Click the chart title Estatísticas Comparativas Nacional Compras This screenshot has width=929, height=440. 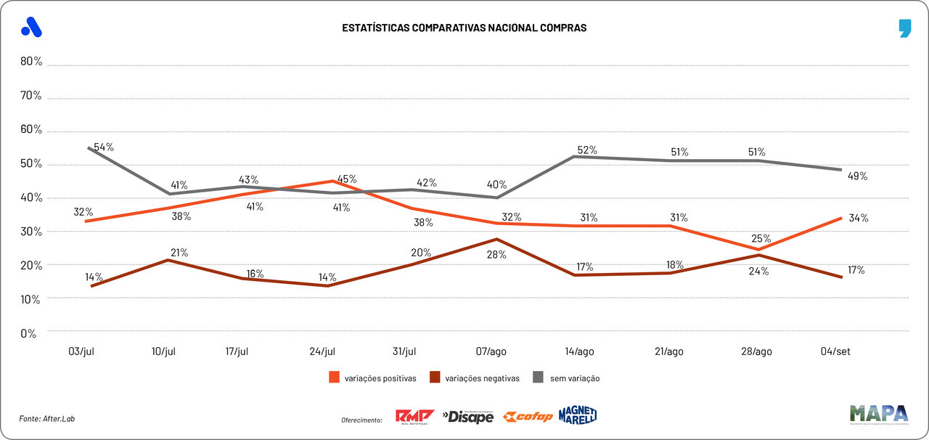[x=464, y=28]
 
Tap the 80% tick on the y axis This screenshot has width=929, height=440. [x=31, y=62]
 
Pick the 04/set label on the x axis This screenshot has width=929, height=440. [x=835, y=351]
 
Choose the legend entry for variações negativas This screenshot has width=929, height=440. [x=475, y=378]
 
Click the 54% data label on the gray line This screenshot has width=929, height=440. [x=104, y=147]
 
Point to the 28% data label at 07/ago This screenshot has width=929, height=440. [x=497, y=254]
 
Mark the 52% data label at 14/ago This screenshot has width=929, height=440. [x=587, y=150]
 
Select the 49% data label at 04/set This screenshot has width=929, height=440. [x=857, y=176]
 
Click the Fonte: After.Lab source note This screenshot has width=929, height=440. [x=47, y=419]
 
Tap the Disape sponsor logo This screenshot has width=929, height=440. [x=468, y=417]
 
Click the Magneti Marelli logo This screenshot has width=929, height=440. [x=578, y=415]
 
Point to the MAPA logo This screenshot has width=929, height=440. [x=879, y=414]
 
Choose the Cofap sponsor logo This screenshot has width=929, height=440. [x=528, y=417]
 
